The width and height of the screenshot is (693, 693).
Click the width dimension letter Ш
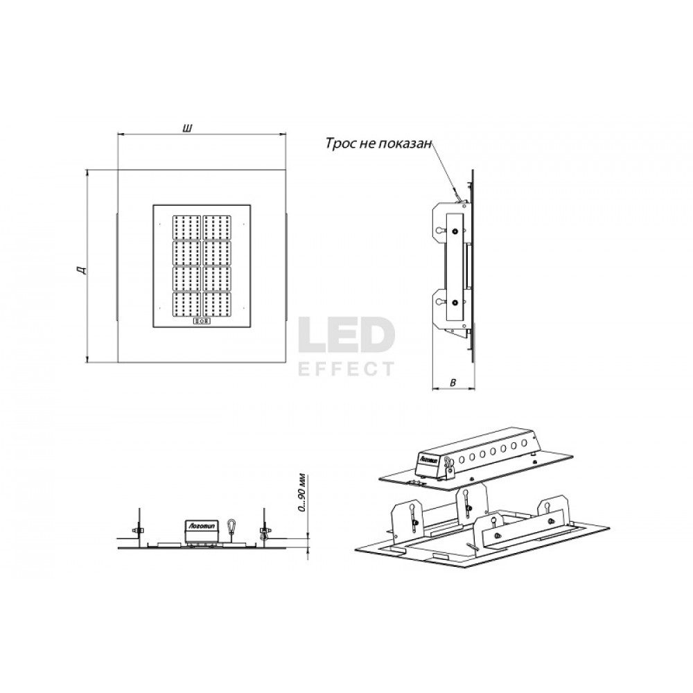(187, 129)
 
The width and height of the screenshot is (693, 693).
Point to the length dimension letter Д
(81, 270)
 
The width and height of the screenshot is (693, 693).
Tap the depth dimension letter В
(452, 383)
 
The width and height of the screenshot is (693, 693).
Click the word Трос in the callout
(341, 143)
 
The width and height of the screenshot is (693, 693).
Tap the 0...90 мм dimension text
(302, 493)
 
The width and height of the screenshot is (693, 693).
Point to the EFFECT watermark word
(346, 369)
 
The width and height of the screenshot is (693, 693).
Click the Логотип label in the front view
(201, 525)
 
